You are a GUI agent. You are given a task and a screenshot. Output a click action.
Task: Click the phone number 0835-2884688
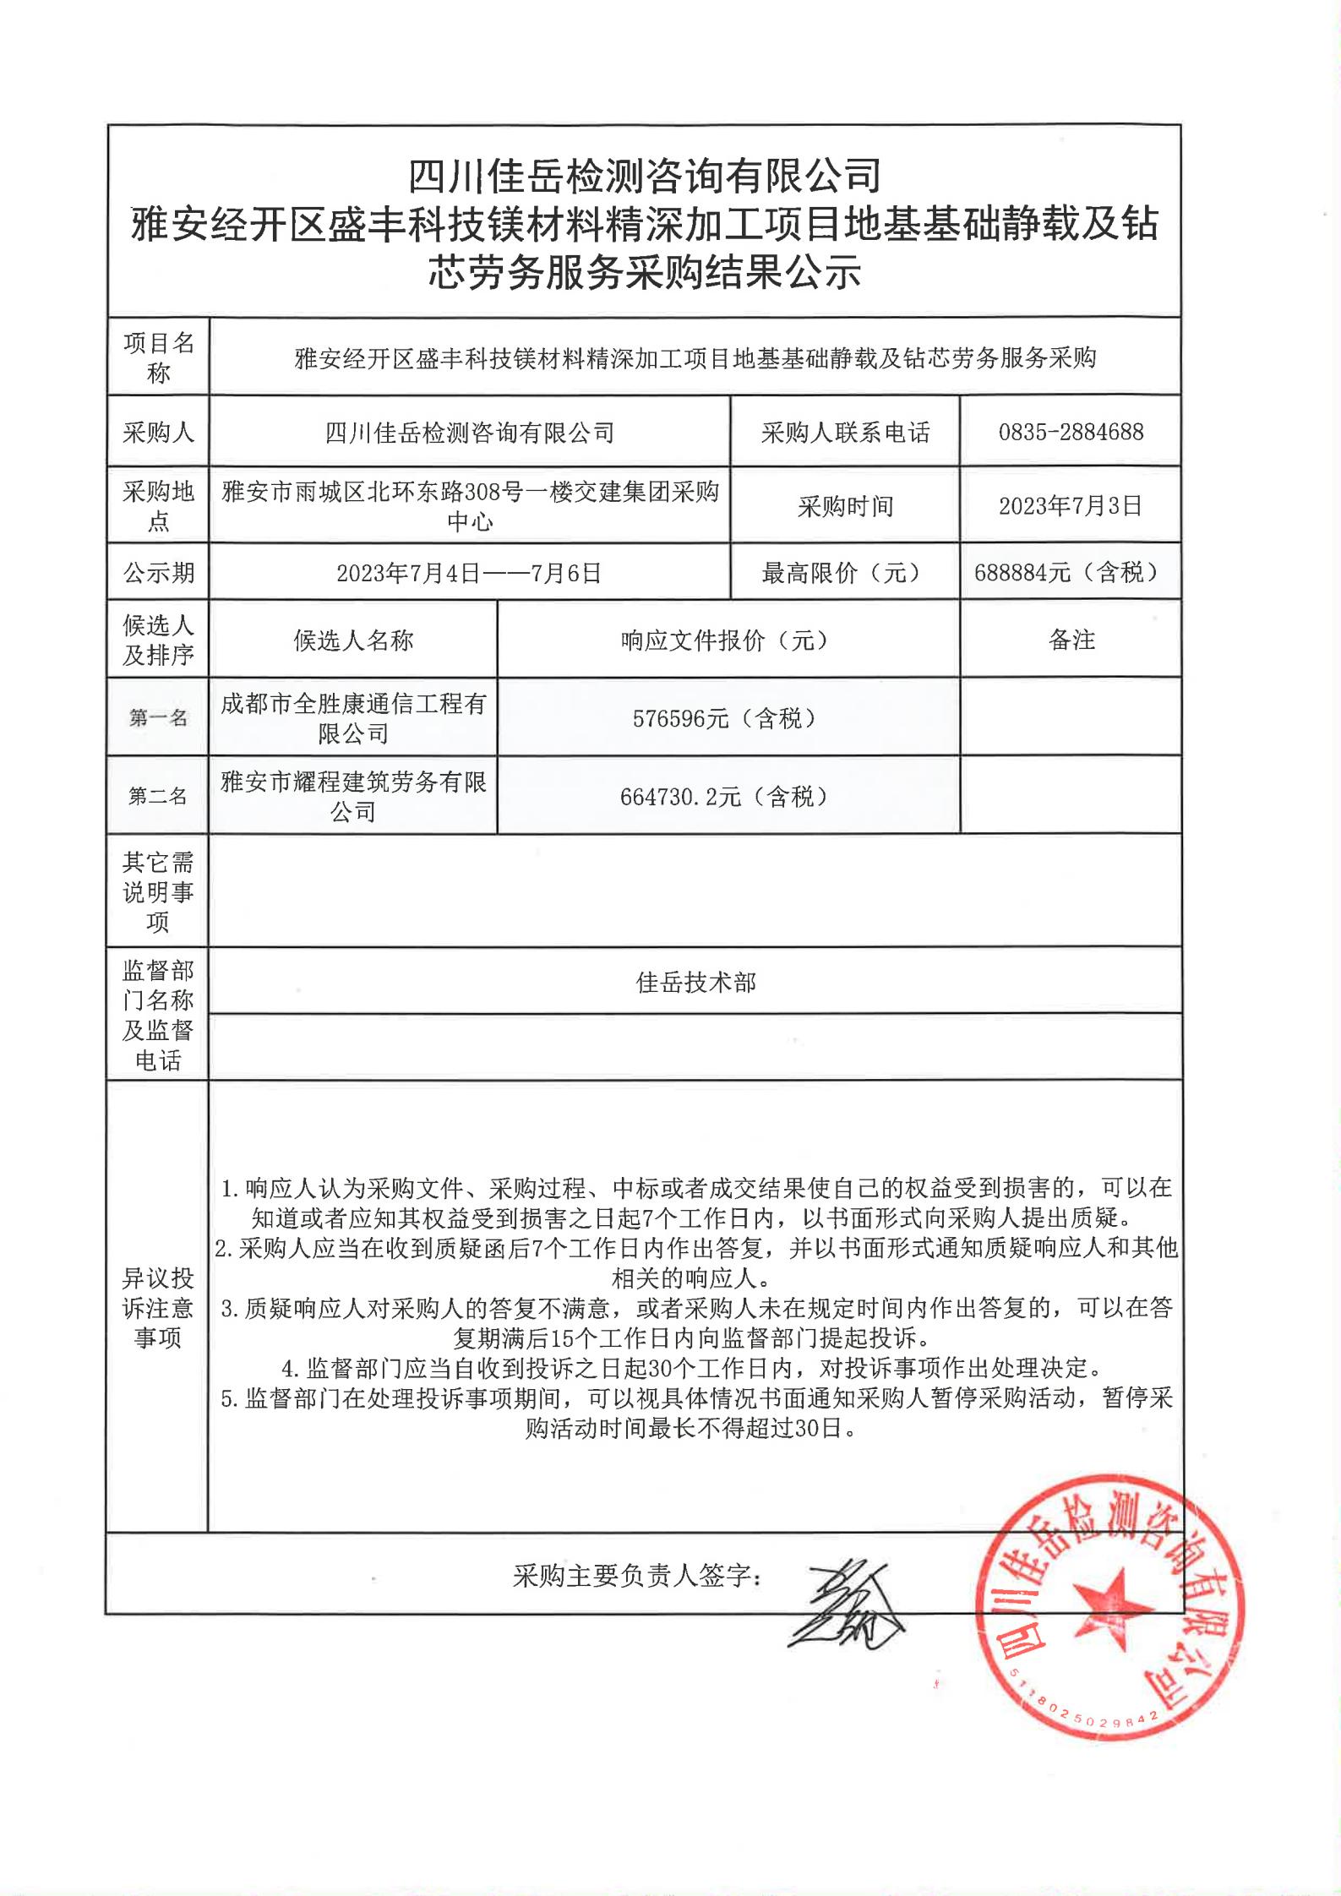point(1071,433)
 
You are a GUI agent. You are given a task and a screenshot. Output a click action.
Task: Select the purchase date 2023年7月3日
point(1071,506)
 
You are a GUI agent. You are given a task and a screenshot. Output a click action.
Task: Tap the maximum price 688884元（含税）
point(1071,573)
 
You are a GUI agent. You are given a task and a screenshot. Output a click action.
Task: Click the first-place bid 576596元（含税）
point(728,718)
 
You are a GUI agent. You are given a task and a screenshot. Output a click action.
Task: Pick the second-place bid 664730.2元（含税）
point(728,796)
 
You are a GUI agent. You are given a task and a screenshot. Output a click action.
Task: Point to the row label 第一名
point(158,718)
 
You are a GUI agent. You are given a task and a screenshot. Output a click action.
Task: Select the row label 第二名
point(158,796)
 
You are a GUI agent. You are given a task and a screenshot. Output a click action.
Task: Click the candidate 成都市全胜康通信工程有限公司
point(353,718)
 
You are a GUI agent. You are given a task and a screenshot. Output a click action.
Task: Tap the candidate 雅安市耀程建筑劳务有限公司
point(353,796)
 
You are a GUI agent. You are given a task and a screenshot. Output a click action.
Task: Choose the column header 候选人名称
point(353,640)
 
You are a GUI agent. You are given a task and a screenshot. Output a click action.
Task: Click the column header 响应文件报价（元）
point(728,640)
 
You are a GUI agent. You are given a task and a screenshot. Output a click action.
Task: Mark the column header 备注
point(1071,640)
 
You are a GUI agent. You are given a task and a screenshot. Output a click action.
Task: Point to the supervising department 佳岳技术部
point(695,983)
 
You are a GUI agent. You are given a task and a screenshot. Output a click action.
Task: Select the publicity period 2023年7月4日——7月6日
point(469,574)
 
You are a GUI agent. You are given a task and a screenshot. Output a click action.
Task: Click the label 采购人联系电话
point(845,433)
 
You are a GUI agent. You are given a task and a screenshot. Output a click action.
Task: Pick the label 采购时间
point(845,507)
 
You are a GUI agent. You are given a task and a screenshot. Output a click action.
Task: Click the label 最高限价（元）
point(843,574)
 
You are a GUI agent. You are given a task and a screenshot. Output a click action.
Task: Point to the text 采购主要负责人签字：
point(638,1576)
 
